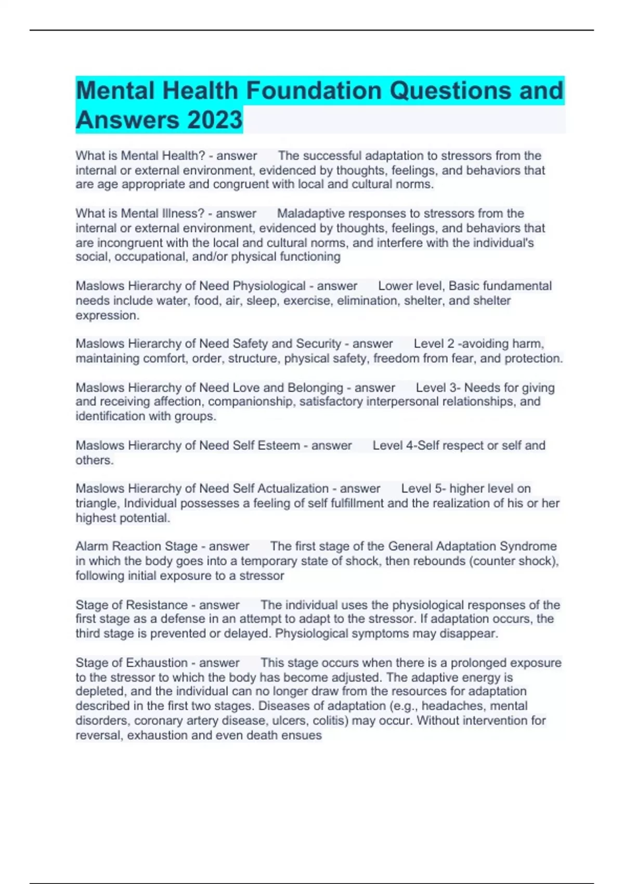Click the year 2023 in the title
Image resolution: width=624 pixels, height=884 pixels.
point(214,120)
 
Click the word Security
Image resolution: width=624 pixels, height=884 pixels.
point(318,344)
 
